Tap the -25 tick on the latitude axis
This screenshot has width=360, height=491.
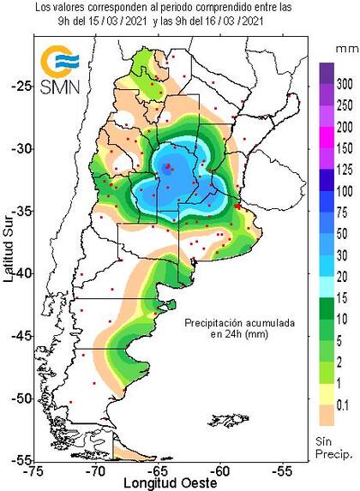[18, 86]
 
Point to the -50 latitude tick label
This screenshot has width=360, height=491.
[18, 398]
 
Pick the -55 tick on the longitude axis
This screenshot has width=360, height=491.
[284, 470]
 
